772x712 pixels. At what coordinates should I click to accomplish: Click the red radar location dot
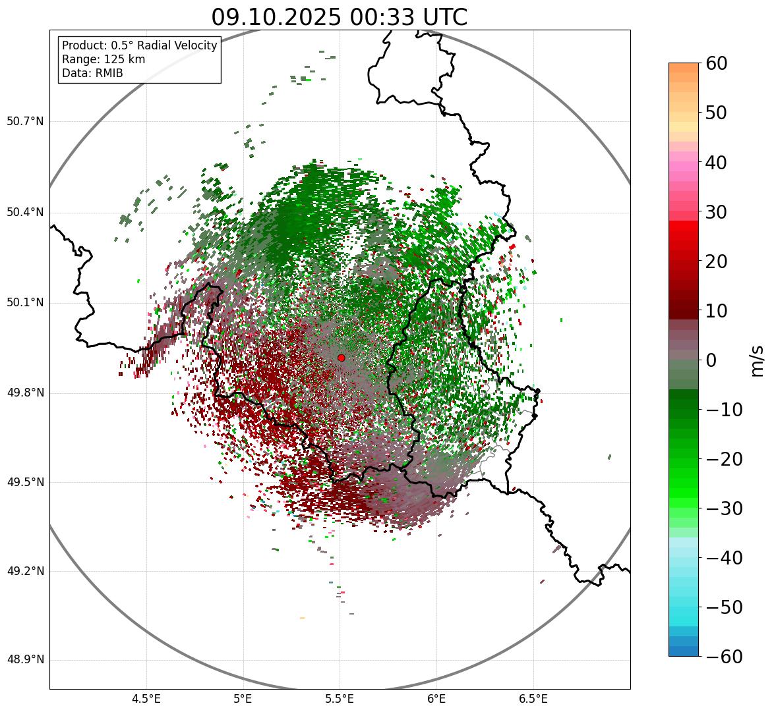tap(341, 358)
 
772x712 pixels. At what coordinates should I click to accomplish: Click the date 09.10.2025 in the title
tap(276, 17)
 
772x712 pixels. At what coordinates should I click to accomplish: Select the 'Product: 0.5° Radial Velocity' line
tap(139, 45)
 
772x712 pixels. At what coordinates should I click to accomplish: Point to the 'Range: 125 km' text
tap(104, 59)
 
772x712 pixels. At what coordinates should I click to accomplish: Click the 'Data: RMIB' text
tap(92, 73)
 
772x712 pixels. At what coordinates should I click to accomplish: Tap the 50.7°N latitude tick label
tap(25, 122)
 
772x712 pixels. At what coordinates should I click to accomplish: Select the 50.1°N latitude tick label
tap(25, 303)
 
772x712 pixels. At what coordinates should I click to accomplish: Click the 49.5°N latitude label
tap(25, 482)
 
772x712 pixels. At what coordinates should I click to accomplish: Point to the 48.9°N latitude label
tap(25, 660)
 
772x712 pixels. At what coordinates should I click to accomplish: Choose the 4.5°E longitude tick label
tap(146, 699)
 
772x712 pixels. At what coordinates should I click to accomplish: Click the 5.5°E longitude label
tap(340, 699)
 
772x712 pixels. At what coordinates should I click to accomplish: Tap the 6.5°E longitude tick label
tap(533, 699)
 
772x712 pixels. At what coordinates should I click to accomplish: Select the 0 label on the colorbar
tap(711, 360)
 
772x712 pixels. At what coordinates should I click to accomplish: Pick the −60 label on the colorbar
tap(724, 657)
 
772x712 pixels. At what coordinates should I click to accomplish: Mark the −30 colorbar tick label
tap(724, 508)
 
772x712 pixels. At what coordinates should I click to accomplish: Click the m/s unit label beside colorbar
tap(758, 360)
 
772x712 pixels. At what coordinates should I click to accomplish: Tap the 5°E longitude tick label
tap(243, 699)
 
